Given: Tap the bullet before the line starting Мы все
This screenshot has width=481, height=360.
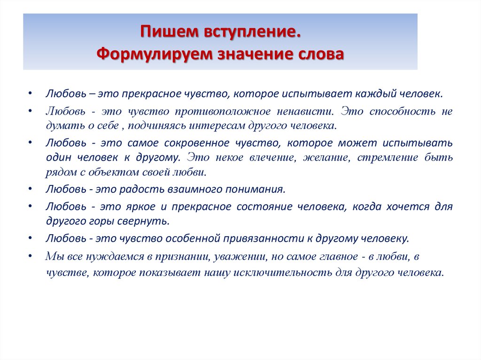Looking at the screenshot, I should [x=30, y=256].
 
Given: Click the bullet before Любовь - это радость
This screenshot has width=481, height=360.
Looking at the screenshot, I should [x=30, y=189].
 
